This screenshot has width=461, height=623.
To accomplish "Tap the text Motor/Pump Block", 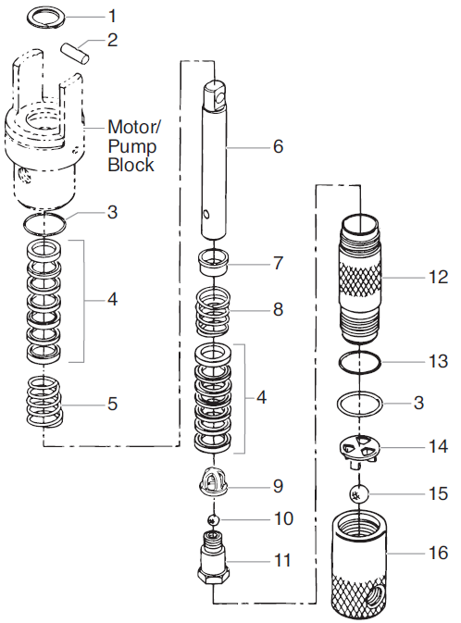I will click(132, 145).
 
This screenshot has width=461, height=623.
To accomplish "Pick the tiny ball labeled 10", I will click(213, 520).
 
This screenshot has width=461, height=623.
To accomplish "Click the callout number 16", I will click(438, 554).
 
